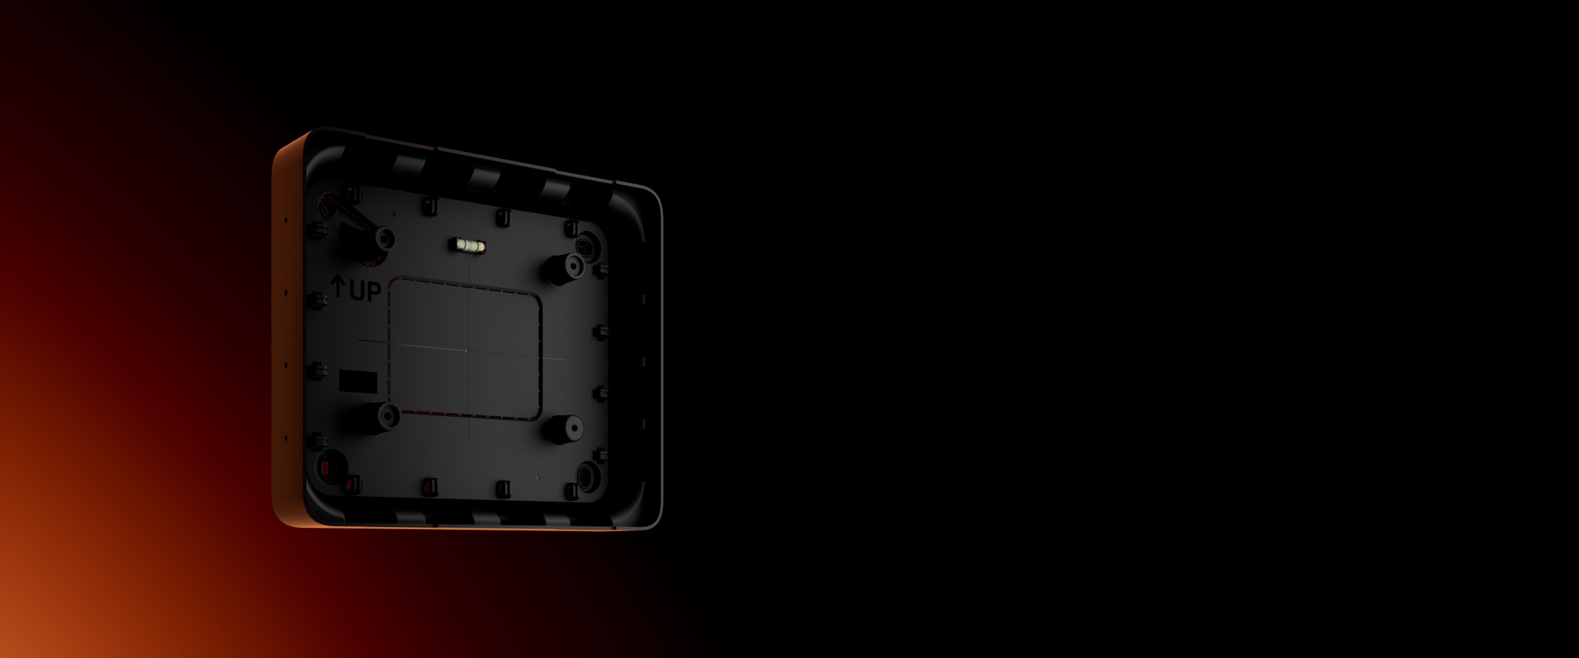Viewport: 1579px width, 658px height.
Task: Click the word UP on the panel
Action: (x=365, y=291)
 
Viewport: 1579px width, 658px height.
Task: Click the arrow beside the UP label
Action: (x=338, y=286)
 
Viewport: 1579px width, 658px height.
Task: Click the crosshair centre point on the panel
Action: (x=466, y=351)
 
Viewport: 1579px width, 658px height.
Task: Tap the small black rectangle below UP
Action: (x=358, y=381)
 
